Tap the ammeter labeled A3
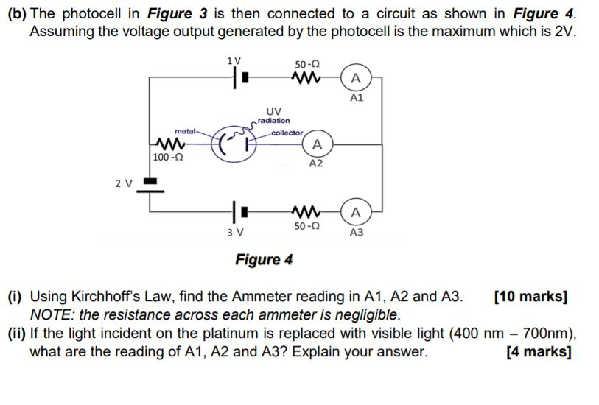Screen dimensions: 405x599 357,213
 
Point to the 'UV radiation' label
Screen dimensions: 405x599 276,116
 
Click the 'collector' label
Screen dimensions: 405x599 287,133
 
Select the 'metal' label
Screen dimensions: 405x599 185,131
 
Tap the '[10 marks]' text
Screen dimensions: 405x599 530,298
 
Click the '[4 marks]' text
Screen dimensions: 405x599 540,351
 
